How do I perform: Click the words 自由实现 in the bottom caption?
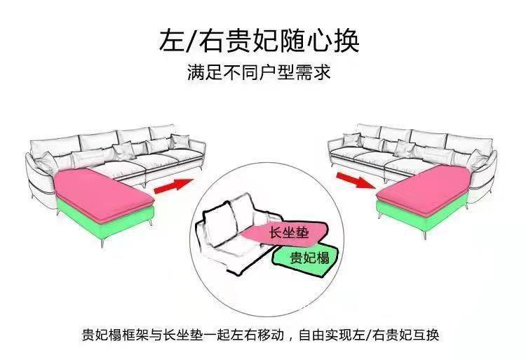tap(325, 333)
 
